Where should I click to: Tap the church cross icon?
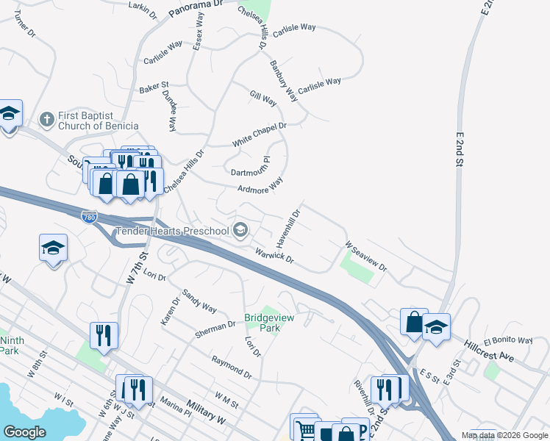46,118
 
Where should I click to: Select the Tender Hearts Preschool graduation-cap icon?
240,231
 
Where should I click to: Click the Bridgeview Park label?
262,323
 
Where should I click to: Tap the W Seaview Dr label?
365,256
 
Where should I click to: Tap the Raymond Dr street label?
231,365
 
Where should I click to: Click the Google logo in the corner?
24,432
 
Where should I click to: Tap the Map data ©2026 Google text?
504,435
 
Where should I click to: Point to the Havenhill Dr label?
288,229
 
